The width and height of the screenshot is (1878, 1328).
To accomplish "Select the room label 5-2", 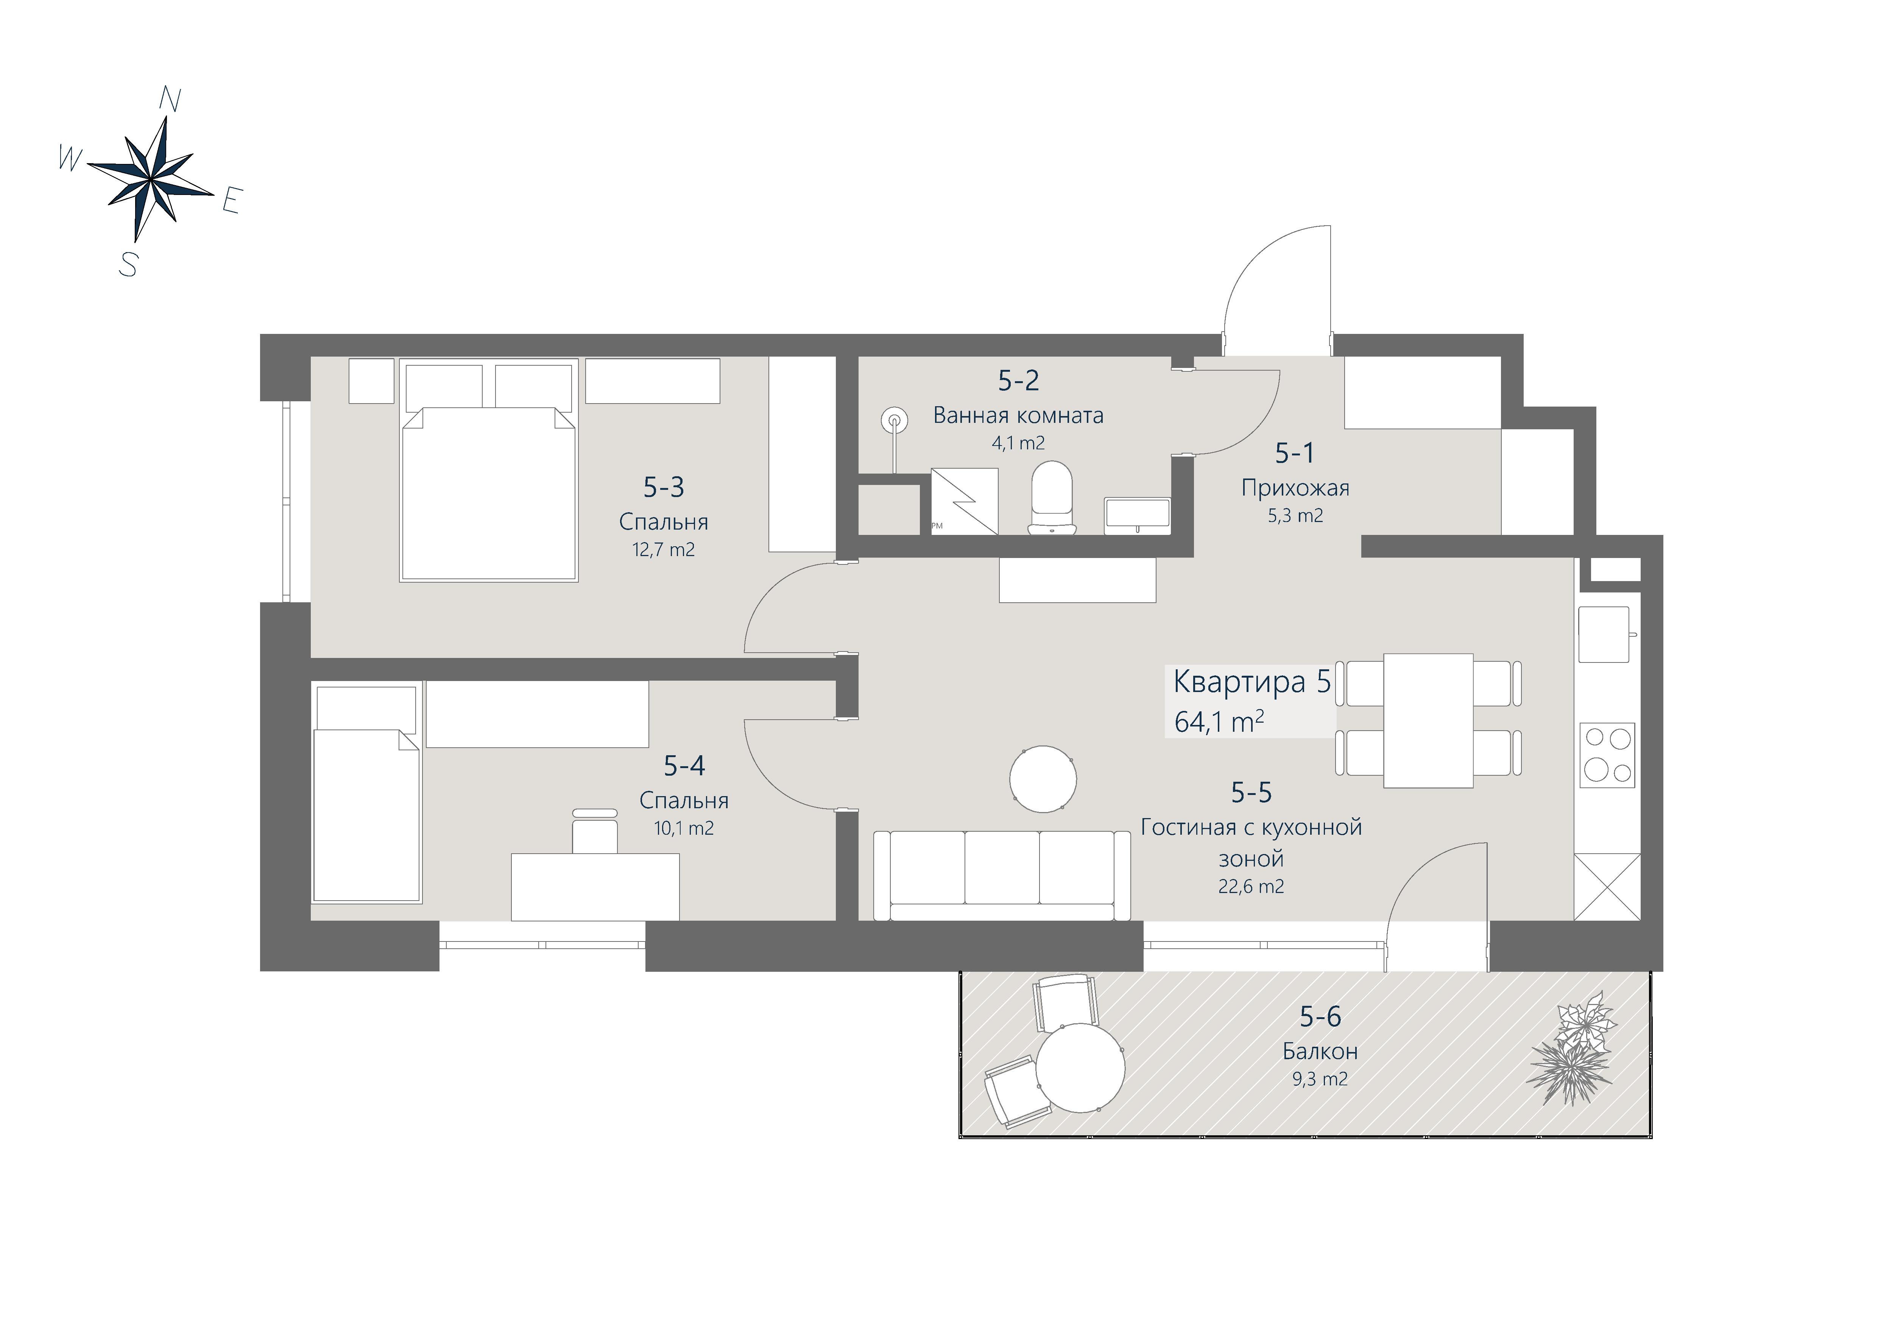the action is pyautogui.click(x=1018, y=380).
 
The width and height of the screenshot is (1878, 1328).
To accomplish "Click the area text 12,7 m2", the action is pyautogui.click(x=663, y=550).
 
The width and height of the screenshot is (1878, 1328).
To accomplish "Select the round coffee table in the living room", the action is pyautogui.click(x=1043, y=778).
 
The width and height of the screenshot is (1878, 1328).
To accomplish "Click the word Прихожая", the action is pyautogui.click(x=1295, y=488).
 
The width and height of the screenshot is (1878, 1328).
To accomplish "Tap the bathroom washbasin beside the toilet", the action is pyautogui.click(x=1137, y=515).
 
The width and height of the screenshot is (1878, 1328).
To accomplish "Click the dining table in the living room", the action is pyautogui.click(x=1428, y=720).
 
